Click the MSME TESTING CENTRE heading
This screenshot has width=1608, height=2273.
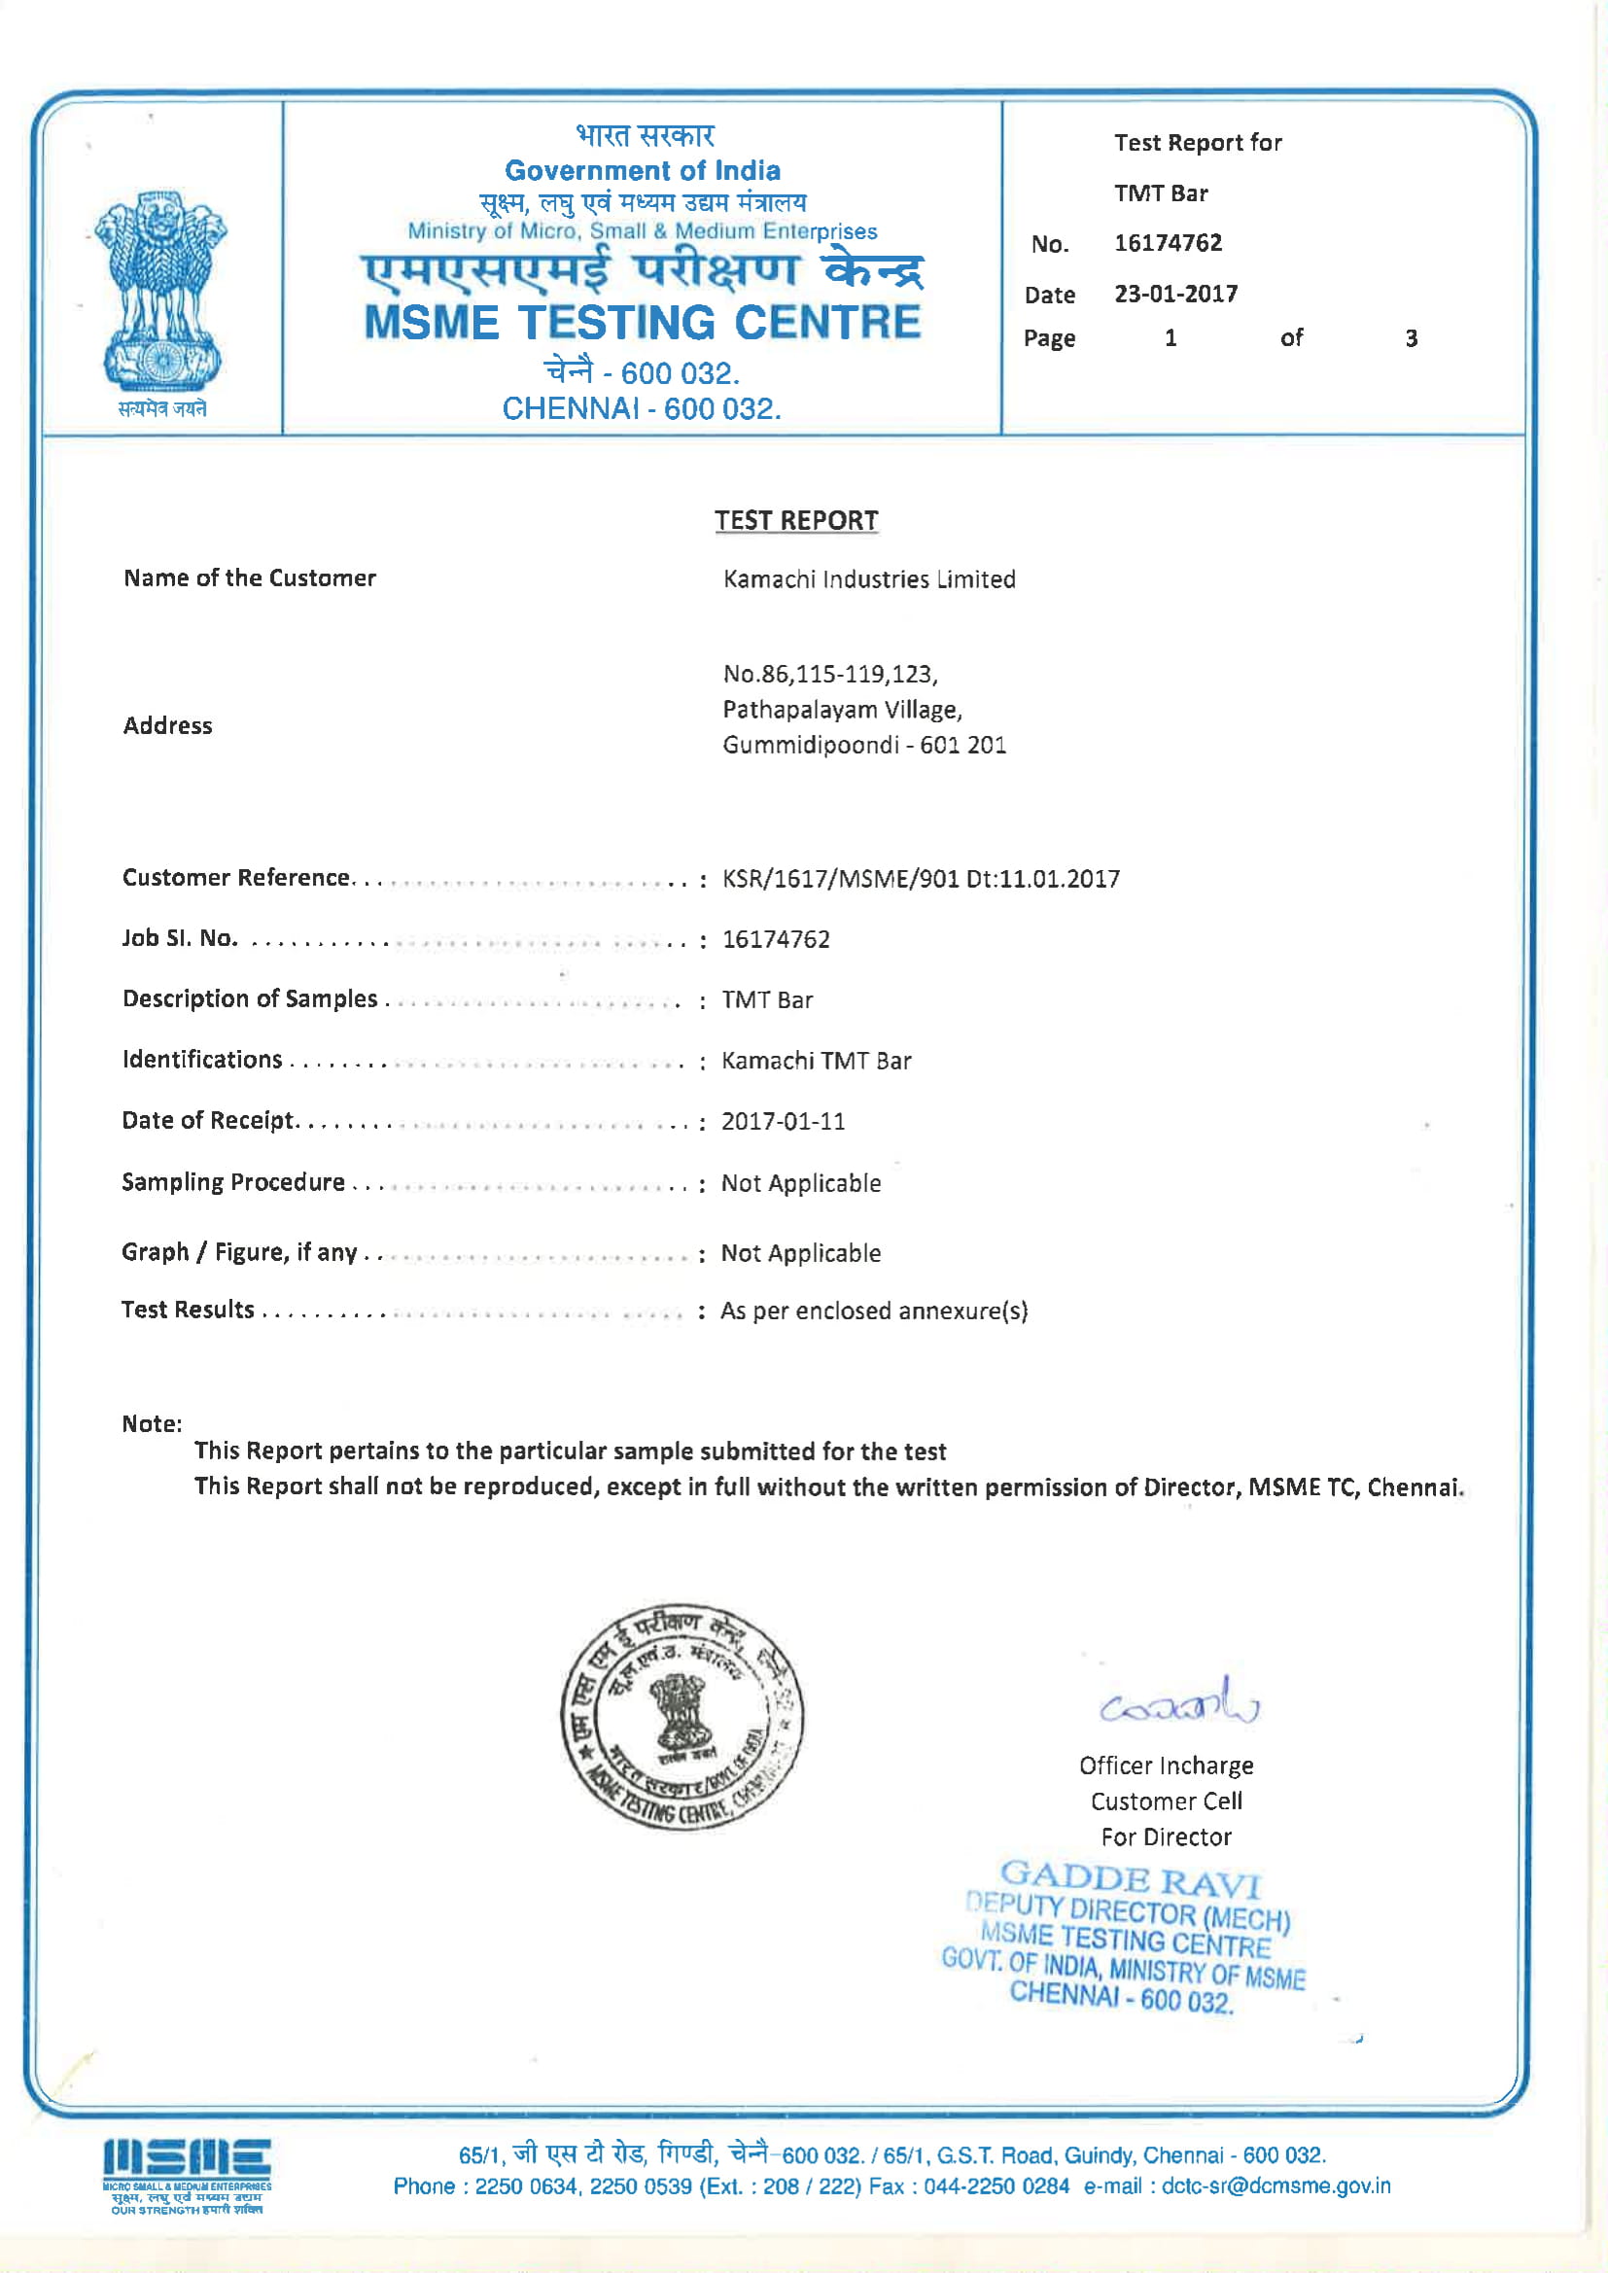(643, 323)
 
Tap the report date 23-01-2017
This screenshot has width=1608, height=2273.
(1175, 294)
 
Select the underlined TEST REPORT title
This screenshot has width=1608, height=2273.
(796, 521)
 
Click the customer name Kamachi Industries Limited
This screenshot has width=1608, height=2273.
(868, 579)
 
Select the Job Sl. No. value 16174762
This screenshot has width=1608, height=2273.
(775, 939)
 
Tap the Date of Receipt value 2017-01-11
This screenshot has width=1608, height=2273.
(783, 1122)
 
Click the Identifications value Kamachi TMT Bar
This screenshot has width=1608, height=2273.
(816, 1062)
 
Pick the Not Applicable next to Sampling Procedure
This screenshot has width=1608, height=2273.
(800, 1183)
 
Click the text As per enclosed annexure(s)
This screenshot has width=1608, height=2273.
(873, 1311)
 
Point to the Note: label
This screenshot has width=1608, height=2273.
(152, 1423)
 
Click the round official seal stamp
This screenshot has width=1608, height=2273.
(682, 1716)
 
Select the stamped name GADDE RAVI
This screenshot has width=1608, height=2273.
(1129, 1878)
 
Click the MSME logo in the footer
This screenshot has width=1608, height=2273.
(186, 2175)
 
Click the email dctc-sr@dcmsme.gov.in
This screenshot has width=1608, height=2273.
(1276, 2186)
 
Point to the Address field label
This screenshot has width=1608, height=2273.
(167, 725)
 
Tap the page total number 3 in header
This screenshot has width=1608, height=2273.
(1411, 338)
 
